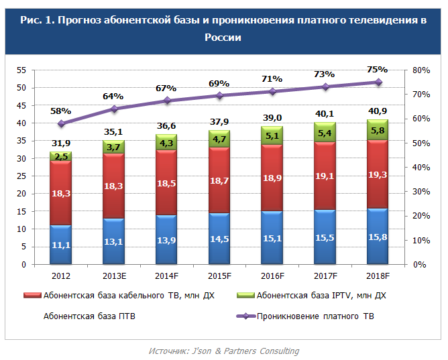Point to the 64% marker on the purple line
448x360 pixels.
tap(114, 109)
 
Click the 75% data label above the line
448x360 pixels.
tap(378, 69)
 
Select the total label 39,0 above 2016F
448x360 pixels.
tap(272, 117)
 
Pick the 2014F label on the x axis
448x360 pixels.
tap(166, 276)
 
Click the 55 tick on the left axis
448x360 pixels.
tap(21, 70)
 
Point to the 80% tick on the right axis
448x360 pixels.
tap(421, 70)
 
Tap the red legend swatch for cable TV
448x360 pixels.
tap(34, 295)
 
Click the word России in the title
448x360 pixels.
tap(224, 38)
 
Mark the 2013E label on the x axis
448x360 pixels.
tap(114, 276)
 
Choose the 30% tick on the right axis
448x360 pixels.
tap(421, 192)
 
